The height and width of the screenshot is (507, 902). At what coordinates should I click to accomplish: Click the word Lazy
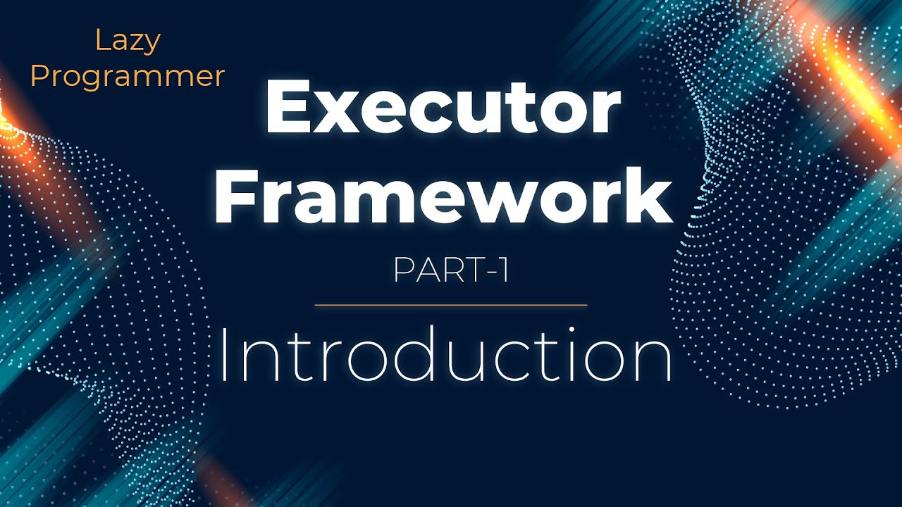click(x=128, y=42)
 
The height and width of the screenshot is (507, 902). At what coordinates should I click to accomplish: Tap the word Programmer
click(x=128, y=77)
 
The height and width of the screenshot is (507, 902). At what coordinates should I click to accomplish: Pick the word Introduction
click(x=445, y=359)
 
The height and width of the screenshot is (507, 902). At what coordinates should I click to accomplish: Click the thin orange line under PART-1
click(x=451, y=306)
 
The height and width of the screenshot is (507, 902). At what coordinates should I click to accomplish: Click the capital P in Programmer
click(x=38, y=76)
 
